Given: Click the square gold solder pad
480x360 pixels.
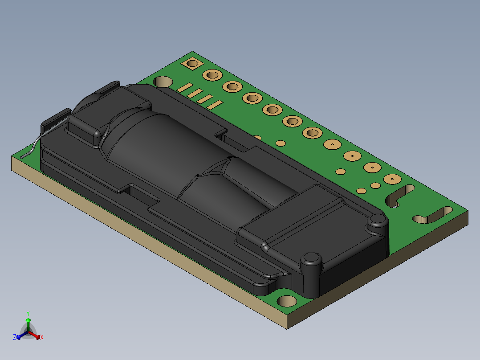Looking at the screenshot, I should coord(192,64).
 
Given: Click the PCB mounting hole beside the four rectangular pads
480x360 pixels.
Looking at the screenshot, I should coord(163,82).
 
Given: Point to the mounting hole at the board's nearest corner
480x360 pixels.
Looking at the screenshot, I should coord(287,301).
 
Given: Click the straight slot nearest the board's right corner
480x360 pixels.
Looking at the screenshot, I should coord(432,216).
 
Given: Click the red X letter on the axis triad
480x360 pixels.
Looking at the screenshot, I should coord(42,338).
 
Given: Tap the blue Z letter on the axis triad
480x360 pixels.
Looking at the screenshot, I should coord(15,337).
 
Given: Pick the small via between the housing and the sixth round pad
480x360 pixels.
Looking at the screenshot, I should coord(280,143).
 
